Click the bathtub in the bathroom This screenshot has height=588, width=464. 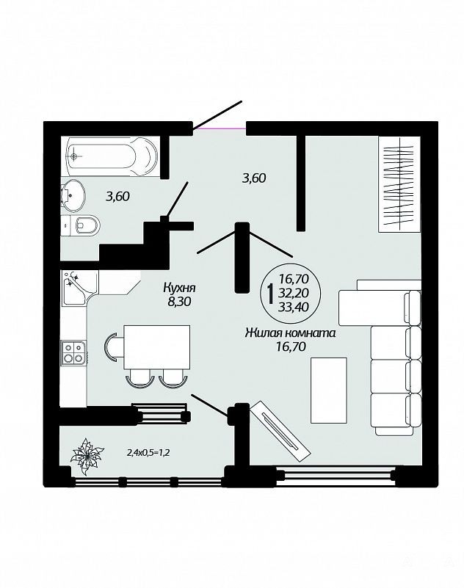tap(112, 156)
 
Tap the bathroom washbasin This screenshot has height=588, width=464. tap(73, 195)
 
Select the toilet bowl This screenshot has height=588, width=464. tap(80, 225)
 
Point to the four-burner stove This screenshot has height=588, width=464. tap(73, 352)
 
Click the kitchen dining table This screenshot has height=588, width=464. tap(156, 347)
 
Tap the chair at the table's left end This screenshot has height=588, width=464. tap(114, 347)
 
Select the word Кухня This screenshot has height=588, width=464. tap(180, 288)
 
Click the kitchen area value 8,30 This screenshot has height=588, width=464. tap(180, 302)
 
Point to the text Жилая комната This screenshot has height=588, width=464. tap(290, 333)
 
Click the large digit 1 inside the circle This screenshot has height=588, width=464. tap(269, 294)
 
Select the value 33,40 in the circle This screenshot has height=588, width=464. tap(294, 307)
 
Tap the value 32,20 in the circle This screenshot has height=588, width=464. tap(294, 293)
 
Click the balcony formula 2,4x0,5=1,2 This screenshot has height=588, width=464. tap(149, 453)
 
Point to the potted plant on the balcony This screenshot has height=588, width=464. tap(87, 457)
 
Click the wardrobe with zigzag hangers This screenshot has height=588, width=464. tap(399, 184)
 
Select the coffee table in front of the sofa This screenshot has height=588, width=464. tap(329, 391)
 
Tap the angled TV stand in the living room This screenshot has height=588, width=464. tap(280, 432)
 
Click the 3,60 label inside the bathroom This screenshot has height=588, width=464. tap(117, 196)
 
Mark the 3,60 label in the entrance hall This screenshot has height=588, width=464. tap(254, 178)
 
